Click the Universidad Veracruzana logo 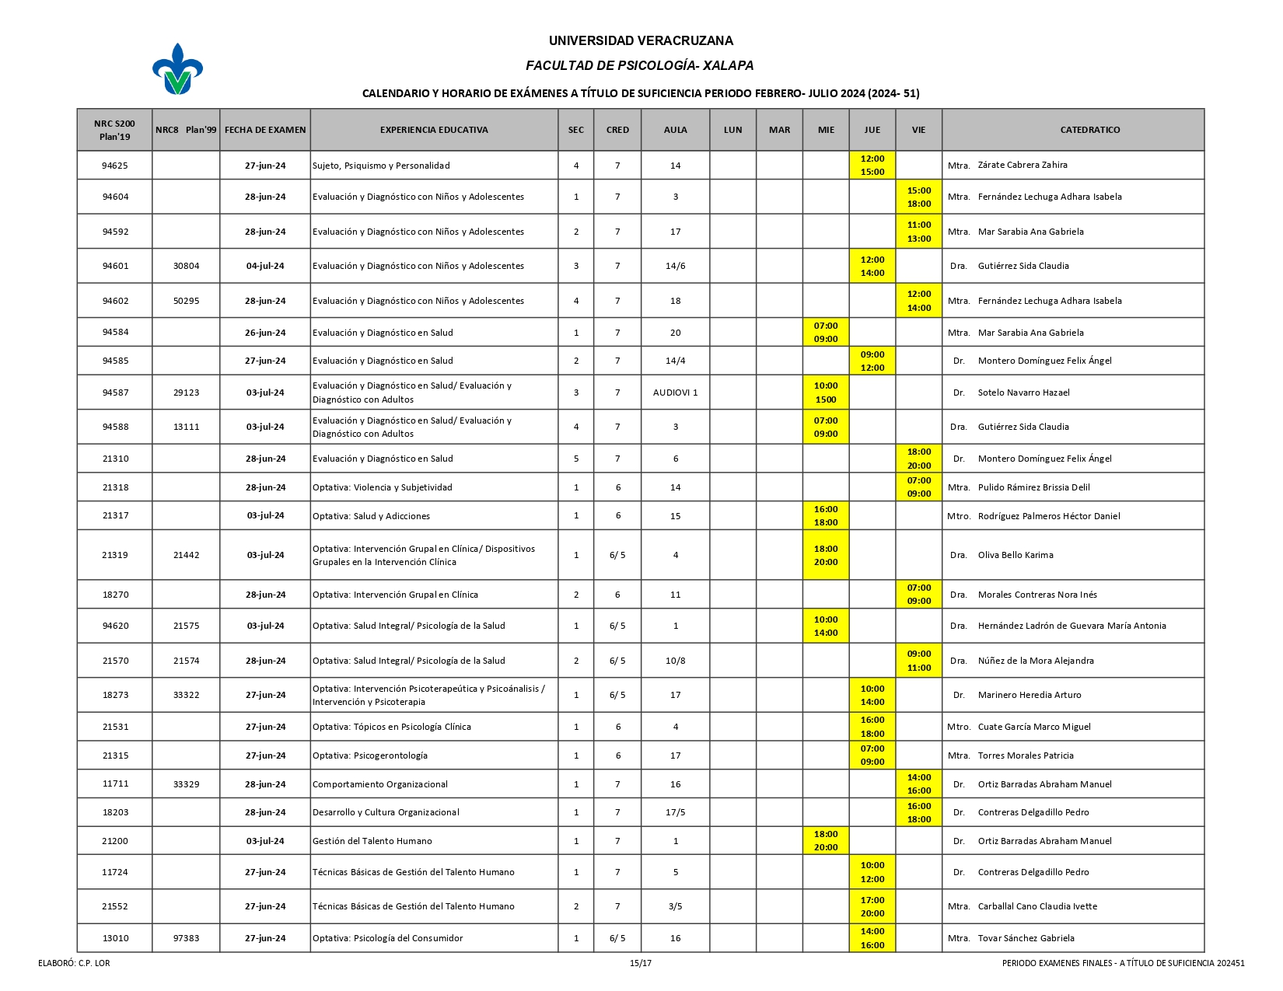tap(177, 69)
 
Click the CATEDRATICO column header tap(1089, 130)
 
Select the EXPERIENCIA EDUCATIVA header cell tap(434, 130)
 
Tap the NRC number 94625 tap(115, 166)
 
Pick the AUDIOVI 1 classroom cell tap(675, 393)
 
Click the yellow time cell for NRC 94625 tap(872, 165)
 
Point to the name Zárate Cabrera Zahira tap(1022, 165)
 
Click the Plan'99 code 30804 tap(187, 266)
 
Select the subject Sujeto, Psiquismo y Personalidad tap(381, 166)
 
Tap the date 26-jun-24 tap(265, 333)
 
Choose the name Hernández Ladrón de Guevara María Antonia tap(1071, 626)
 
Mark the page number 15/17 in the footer tap(641, 963)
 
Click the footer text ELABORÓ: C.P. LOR tap(74, 963)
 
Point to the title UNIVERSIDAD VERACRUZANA tap(641, 40)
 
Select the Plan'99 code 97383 tap(187, 938)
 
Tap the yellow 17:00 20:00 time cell tap(872, 906)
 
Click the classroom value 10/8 tap(675, 661)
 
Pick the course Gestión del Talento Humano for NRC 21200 tap(372, 841)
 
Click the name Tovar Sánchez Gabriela tap(1026, 938)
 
